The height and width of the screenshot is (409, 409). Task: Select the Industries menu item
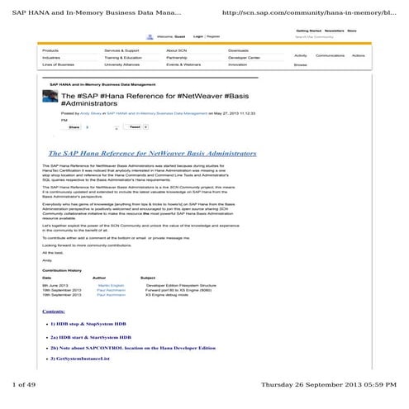[x=51, y=57]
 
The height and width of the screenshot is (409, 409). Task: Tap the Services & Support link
[x=122, y=50]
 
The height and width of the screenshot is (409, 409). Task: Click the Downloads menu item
[x=240, y=50]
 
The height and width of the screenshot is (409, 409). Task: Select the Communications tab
[x=330, y=55]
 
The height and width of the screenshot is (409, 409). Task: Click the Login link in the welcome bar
[x=198, y=37]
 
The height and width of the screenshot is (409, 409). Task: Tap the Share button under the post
[x=74, y=127]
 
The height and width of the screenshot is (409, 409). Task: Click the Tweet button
[x=135, y=127]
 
